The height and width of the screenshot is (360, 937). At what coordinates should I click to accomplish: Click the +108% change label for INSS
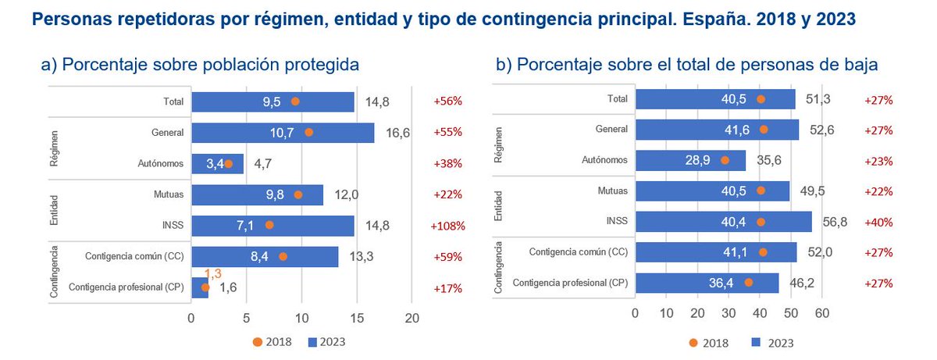[447, 226]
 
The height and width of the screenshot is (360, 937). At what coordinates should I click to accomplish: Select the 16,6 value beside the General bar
[397, 133]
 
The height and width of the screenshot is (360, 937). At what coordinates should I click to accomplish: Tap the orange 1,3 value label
[213, 273]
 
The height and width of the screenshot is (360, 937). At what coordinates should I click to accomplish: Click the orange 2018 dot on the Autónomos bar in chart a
[228, 164]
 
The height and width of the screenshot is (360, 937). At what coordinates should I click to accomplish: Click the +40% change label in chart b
[878, 222]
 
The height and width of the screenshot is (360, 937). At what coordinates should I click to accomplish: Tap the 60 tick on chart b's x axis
[821, 313]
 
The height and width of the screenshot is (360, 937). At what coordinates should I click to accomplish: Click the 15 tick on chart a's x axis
[357, 318]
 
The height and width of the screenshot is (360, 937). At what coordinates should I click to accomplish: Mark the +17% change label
[447, 287]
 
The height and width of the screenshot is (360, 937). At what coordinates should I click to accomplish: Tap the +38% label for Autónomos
[447, 164]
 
